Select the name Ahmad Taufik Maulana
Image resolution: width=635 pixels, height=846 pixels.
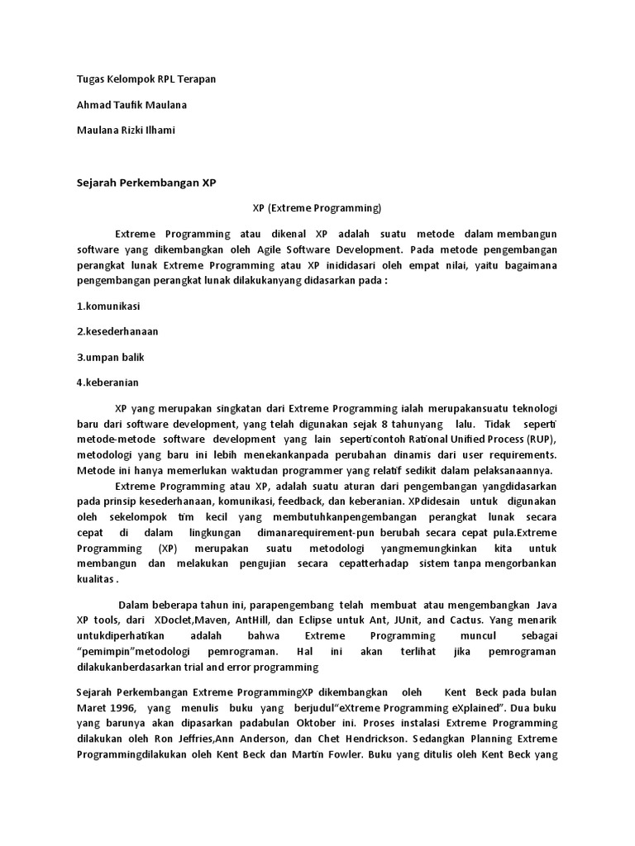132,105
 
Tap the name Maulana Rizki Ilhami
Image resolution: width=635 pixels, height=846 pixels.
126,131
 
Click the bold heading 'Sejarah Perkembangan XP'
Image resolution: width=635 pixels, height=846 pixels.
146,183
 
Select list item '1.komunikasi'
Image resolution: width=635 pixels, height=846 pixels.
108,306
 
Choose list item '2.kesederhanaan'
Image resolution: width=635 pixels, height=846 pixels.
117,331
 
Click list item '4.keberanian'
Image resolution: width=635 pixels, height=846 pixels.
107,383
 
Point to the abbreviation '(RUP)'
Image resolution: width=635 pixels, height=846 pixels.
539,438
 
